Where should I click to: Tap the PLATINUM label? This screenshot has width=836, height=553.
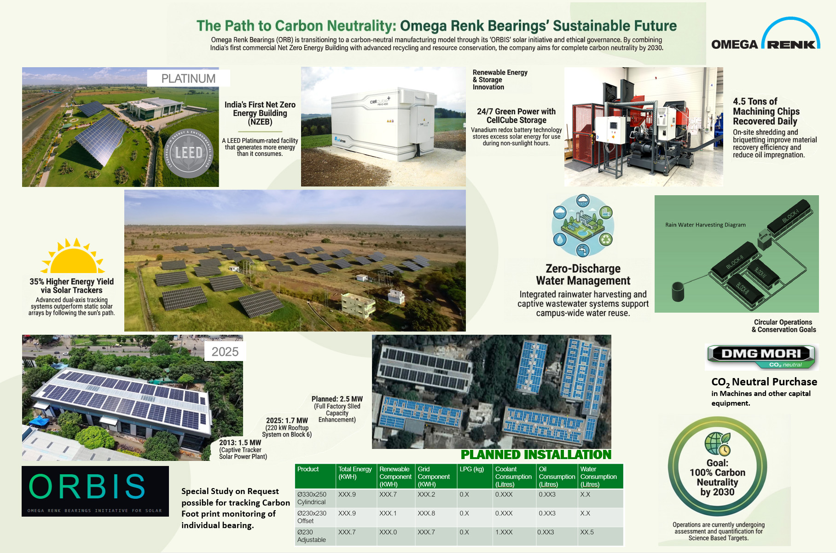coord(188,78)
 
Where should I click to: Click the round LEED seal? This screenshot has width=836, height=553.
coord(189,153)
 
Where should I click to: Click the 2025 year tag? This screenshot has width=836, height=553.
coord(225,352)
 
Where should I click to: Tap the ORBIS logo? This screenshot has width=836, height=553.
coord(95,491)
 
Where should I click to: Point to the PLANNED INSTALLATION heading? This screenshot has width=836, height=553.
coord(536,455)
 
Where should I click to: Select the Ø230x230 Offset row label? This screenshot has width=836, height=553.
coord(312,517)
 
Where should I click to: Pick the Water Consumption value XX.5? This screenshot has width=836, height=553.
coord(587,532)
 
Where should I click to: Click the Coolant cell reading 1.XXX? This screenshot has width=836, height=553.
coord(504,532)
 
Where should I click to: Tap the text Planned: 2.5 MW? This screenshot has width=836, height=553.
coord(337,399)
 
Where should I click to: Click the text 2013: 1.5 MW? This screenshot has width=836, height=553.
coord(240,442)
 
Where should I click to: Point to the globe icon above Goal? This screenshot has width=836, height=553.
coord(717,443)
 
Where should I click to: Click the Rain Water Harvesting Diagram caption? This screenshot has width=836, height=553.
coord(705,225)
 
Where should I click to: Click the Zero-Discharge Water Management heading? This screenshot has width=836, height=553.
coord(583,274)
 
